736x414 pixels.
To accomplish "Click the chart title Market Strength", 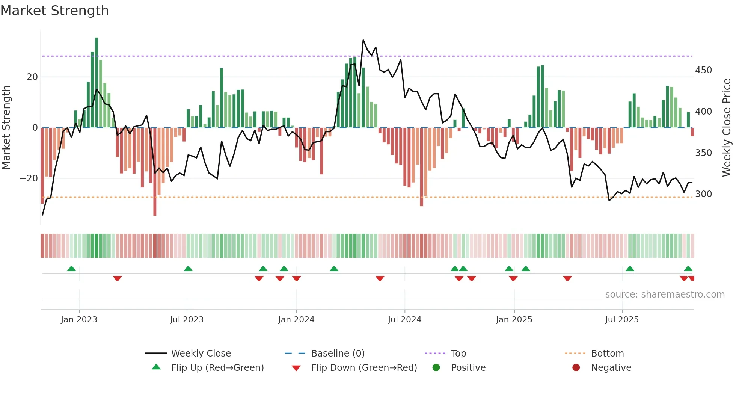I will (54, 11).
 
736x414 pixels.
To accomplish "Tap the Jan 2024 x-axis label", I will (296, 320).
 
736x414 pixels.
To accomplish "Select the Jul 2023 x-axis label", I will (187, 320).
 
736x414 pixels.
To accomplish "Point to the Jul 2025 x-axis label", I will (621, 320).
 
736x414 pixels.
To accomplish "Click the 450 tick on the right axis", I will (703, 70).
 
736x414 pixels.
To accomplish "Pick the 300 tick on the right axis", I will (703, 194).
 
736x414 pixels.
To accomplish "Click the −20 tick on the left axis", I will (29, 178).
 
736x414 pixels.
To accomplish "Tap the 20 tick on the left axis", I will (32, 77).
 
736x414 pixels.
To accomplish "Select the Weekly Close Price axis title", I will (727, 128).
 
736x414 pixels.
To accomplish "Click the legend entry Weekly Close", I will (201, 354).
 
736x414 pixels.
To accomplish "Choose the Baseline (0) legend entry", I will (338, 354).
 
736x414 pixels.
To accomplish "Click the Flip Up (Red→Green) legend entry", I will (217, 368).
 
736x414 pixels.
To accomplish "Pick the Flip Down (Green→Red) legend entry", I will (363, 368).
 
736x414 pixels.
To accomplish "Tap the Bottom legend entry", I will (607, 354).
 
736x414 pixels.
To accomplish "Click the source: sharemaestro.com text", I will (665, 295).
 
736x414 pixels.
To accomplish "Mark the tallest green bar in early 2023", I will (97, 83).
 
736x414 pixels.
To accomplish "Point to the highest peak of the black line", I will (363, 40).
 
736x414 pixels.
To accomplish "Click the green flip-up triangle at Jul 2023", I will (188, 269).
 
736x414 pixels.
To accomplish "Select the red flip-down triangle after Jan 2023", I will (117, 278).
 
